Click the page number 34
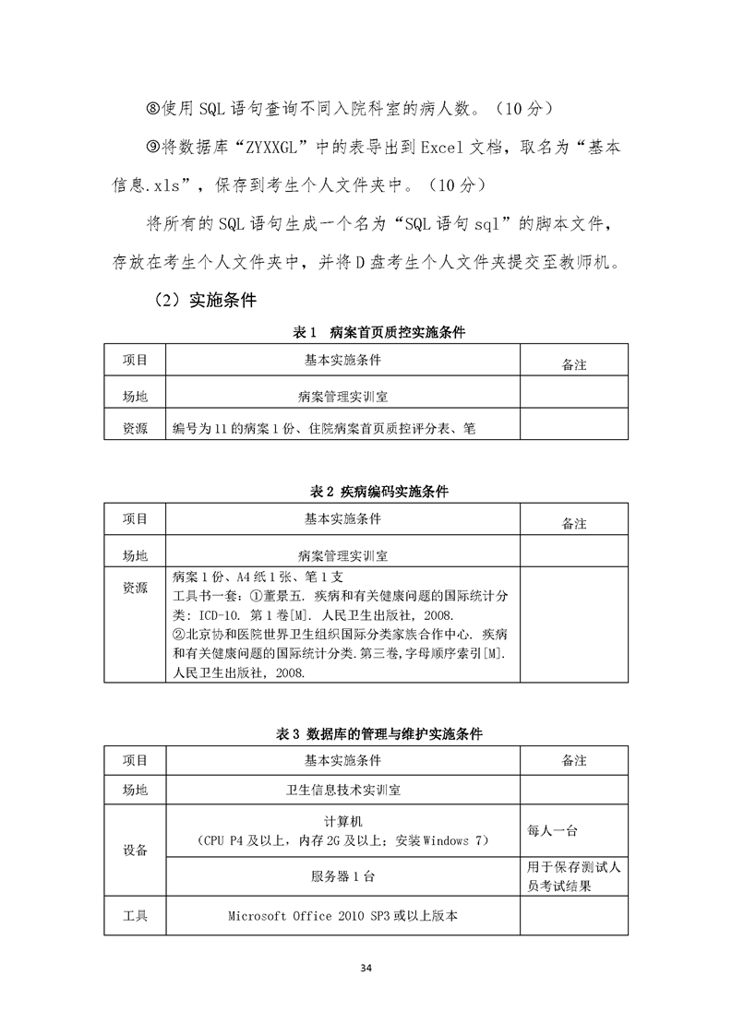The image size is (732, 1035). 366,968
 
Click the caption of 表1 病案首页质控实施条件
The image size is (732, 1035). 378,333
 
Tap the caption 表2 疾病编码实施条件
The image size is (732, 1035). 378,492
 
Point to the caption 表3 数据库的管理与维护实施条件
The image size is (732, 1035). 378,734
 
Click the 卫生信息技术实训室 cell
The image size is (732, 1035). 343,791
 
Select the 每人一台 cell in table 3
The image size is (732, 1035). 552,831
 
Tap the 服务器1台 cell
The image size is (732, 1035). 343,875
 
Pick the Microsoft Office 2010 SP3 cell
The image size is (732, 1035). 343,917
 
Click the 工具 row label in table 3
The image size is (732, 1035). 135,917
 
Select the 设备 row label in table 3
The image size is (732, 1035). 135,850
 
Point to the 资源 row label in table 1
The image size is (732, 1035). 135,428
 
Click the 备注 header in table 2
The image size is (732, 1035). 574,523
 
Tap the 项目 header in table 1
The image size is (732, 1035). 135,360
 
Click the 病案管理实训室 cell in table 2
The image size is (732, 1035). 343,556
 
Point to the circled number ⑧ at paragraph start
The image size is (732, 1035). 154,110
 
